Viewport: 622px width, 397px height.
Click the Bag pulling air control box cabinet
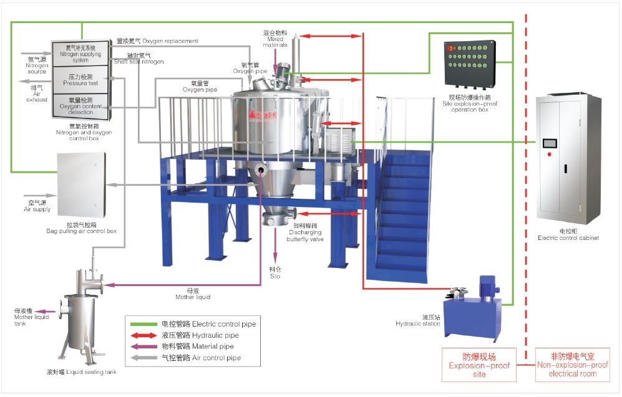point(81,185)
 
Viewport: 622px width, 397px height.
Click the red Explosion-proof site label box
point(479,365)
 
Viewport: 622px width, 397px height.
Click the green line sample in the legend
point(142,324)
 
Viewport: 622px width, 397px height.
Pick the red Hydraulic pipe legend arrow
point(142,335)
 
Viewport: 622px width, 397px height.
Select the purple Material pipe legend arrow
point(142,347)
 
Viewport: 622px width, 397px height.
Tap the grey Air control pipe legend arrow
point(142,358)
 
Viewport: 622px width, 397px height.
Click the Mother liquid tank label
point(31,317)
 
